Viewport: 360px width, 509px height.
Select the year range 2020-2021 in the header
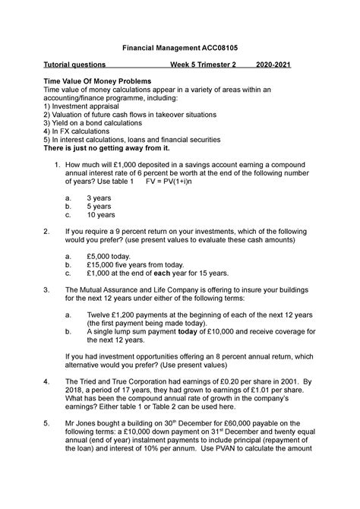277,65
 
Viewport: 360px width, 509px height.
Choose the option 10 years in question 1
101,214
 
